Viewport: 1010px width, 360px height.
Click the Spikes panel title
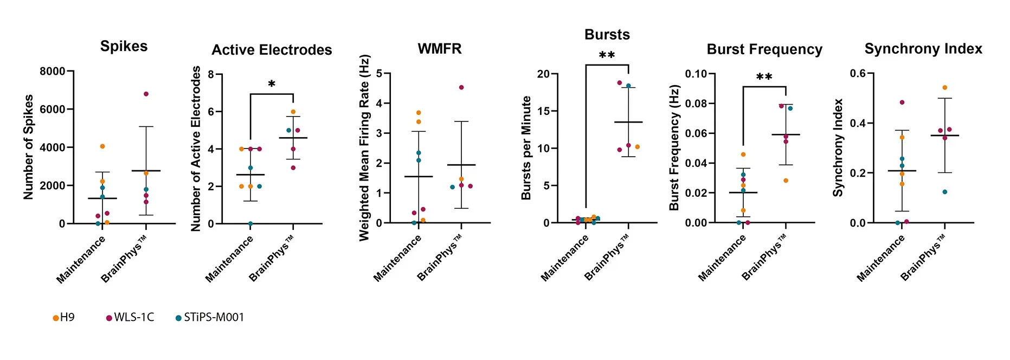click(124, 46)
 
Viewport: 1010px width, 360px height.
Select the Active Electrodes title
click(272, 50)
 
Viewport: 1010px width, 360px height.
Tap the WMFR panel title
click(440, 49)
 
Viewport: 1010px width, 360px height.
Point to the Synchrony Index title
click(923, 49)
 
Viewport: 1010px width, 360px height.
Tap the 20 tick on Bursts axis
click(543, 74)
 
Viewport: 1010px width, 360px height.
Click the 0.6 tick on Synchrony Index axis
click(857, 73)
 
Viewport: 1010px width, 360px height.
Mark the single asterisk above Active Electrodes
click(272, 84)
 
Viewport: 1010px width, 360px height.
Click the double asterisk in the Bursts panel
click(607, 56)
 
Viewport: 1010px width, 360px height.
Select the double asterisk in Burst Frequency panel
click(764, 78)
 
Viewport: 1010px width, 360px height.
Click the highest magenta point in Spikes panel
click(146, 94)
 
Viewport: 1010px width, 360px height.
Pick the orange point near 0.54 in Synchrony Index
click(944, 87)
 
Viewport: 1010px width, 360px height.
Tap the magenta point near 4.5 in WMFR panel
click(461, 87)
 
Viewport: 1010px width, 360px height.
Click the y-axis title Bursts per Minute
click(526, 147)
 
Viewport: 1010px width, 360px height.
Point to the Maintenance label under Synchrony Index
click(880, 259)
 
